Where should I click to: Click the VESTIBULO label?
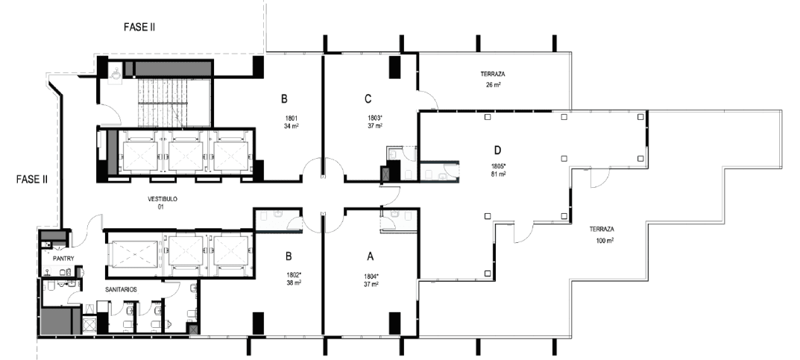coord(163,199)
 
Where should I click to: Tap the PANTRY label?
coord(64,259)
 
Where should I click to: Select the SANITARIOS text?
coord(121,290)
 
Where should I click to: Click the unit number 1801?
coord(292,117)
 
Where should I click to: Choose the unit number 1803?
coord(375,117)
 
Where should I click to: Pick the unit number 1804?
coord(371,277)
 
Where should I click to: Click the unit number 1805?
coord(498,166)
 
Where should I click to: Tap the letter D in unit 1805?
coord(497,150)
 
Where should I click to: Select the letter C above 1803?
coord(368,98)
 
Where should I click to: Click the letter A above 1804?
coord(371,256)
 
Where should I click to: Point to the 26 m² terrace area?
coord(493,85)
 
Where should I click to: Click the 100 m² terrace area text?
coord(605,240)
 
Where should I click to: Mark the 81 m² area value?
coord(498,174)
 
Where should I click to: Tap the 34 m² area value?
coord(292,125)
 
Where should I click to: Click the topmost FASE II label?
coord(139,27)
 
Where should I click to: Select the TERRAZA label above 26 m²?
coord(492,75)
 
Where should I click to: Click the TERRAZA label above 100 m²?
coord(602,230)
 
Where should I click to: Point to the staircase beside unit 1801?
coord(174,102)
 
